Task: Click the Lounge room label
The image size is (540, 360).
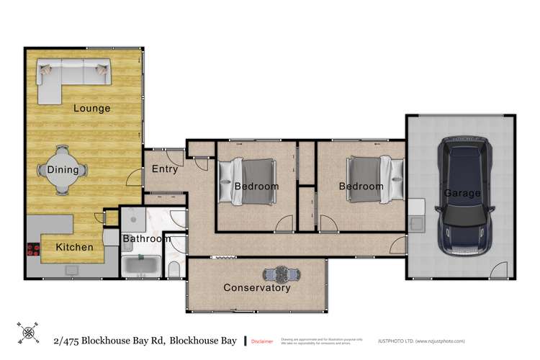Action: click(92, 109)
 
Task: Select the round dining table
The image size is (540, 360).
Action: click(63, 170)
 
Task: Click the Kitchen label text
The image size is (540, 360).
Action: click(75, 247)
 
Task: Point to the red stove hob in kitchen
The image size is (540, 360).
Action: click(34, 249)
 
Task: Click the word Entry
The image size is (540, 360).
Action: click(164, 169)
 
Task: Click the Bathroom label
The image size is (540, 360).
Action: click(146, 238)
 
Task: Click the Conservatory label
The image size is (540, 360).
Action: click(257, 288)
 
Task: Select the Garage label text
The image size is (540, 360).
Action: click(462, 193)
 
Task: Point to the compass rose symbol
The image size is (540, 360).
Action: click(29, 333)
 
